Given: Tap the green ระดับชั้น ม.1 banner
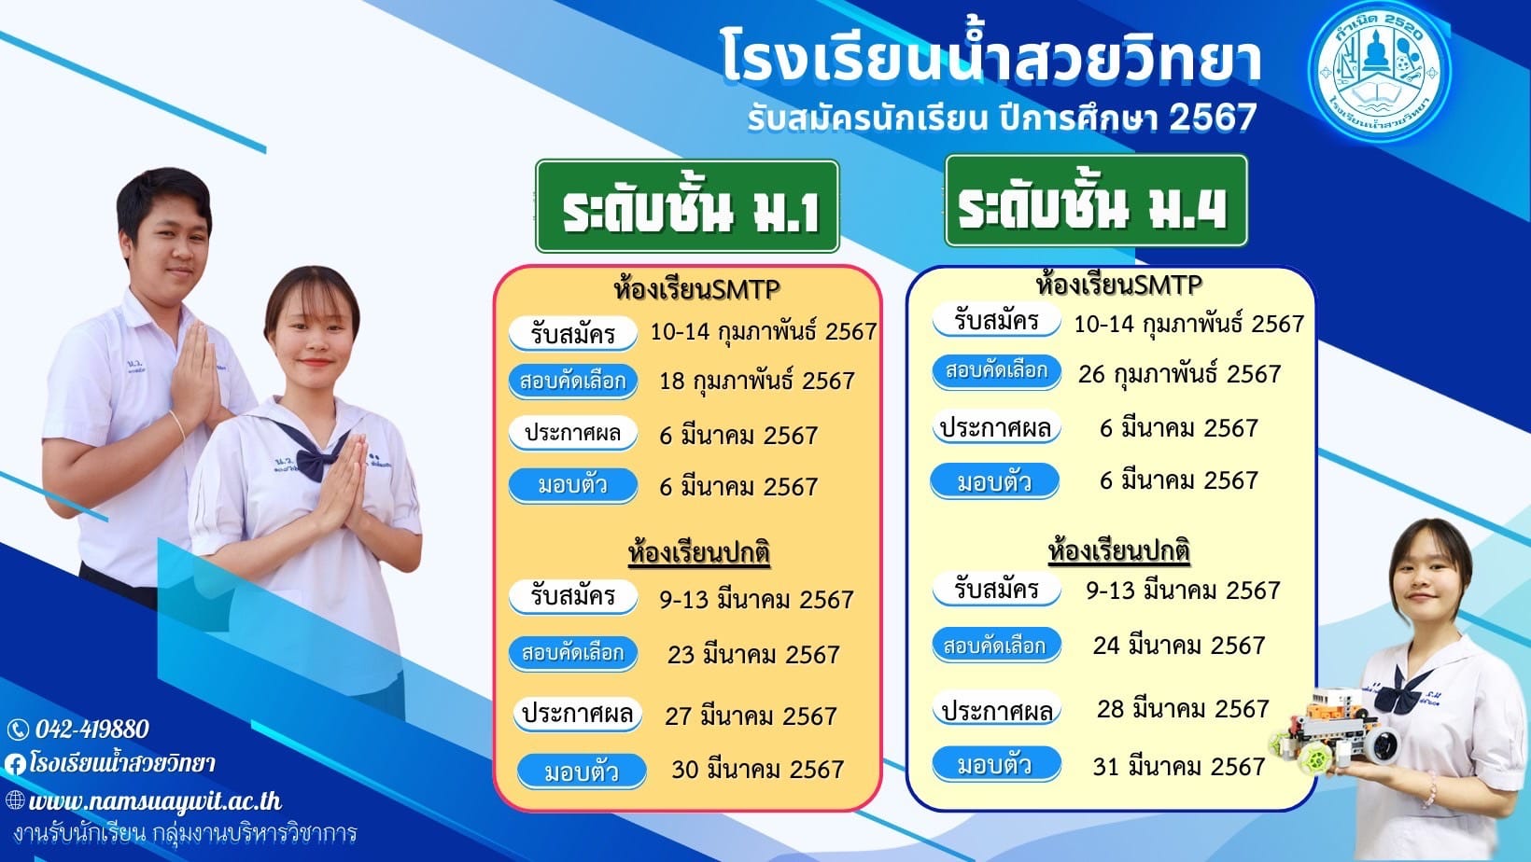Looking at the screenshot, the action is pyautogui.click(x=687, y=206).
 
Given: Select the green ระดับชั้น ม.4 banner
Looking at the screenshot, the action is pyautogui.click(x=1096, y=201).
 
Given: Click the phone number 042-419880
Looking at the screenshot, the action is pyautogui.click(x=91, y=730).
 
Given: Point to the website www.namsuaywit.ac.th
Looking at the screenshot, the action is pyautogui.click(x=154, y=801).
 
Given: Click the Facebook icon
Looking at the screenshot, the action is pyautogui.click(x=15, y=764).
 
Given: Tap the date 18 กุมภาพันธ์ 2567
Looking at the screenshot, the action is pyautogui.click(x=756, y=381).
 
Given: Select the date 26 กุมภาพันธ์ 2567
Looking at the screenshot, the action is pyautogui.click(x=1179, y=373).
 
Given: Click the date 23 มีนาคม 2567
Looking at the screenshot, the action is pyautogui.click(x=753, y=655).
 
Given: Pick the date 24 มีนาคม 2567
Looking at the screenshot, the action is pyautogui.click(x=1179, y=646).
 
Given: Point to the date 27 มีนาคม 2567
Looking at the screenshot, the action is pyautogui.click(x=751, y=716).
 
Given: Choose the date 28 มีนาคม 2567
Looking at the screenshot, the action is pyautogui.click(x=1183, y=709).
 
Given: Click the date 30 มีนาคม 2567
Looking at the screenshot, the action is pyautogui.click(x=757, y=770).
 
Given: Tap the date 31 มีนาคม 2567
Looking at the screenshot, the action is pyautogui.click(x=1179, y=766).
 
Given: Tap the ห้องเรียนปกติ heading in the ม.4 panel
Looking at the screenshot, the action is pyautogui.click(x=1119, y=550).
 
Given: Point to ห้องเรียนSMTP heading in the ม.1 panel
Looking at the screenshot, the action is pyautogui.click(x=697, y=289).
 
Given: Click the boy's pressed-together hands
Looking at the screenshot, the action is pyautogui.click(x=193, y=372).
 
